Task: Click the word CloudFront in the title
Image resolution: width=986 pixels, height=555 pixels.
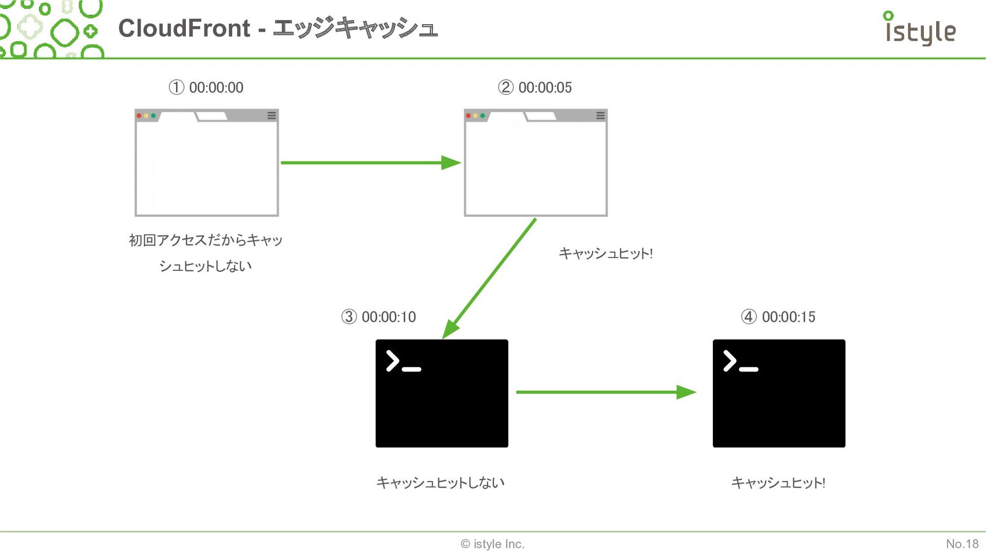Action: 184,28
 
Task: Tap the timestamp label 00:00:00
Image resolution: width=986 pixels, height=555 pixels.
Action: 216,87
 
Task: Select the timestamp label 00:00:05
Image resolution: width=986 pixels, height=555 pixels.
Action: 545,87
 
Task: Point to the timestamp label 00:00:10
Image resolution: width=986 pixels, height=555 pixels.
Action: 389,317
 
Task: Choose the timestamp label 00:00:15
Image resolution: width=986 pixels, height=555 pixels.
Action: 788,317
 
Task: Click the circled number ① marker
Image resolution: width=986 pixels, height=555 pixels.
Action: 176,87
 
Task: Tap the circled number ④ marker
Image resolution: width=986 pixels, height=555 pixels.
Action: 749,317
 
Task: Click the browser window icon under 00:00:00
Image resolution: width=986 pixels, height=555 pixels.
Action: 206,162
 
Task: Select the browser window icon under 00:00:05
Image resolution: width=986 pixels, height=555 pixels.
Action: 536,162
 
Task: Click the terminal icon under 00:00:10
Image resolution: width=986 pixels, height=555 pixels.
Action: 442,393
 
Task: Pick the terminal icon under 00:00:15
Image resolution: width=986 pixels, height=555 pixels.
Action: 779,393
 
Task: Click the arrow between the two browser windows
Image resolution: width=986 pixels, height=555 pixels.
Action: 371,163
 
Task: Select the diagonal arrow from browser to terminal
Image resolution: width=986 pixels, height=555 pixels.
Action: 489,279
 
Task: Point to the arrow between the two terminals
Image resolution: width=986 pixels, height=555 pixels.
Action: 606,392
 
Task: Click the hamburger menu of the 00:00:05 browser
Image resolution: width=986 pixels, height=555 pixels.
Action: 600,116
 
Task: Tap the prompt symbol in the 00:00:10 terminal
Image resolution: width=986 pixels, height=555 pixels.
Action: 404,361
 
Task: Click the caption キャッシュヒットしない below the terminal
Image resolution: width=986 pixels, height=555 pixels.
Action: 441,483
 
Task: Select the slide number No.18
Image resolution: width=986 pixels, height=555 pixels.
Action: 962,544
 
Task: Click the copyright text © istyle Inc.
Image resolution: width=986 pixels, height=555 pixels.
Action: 492,544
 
